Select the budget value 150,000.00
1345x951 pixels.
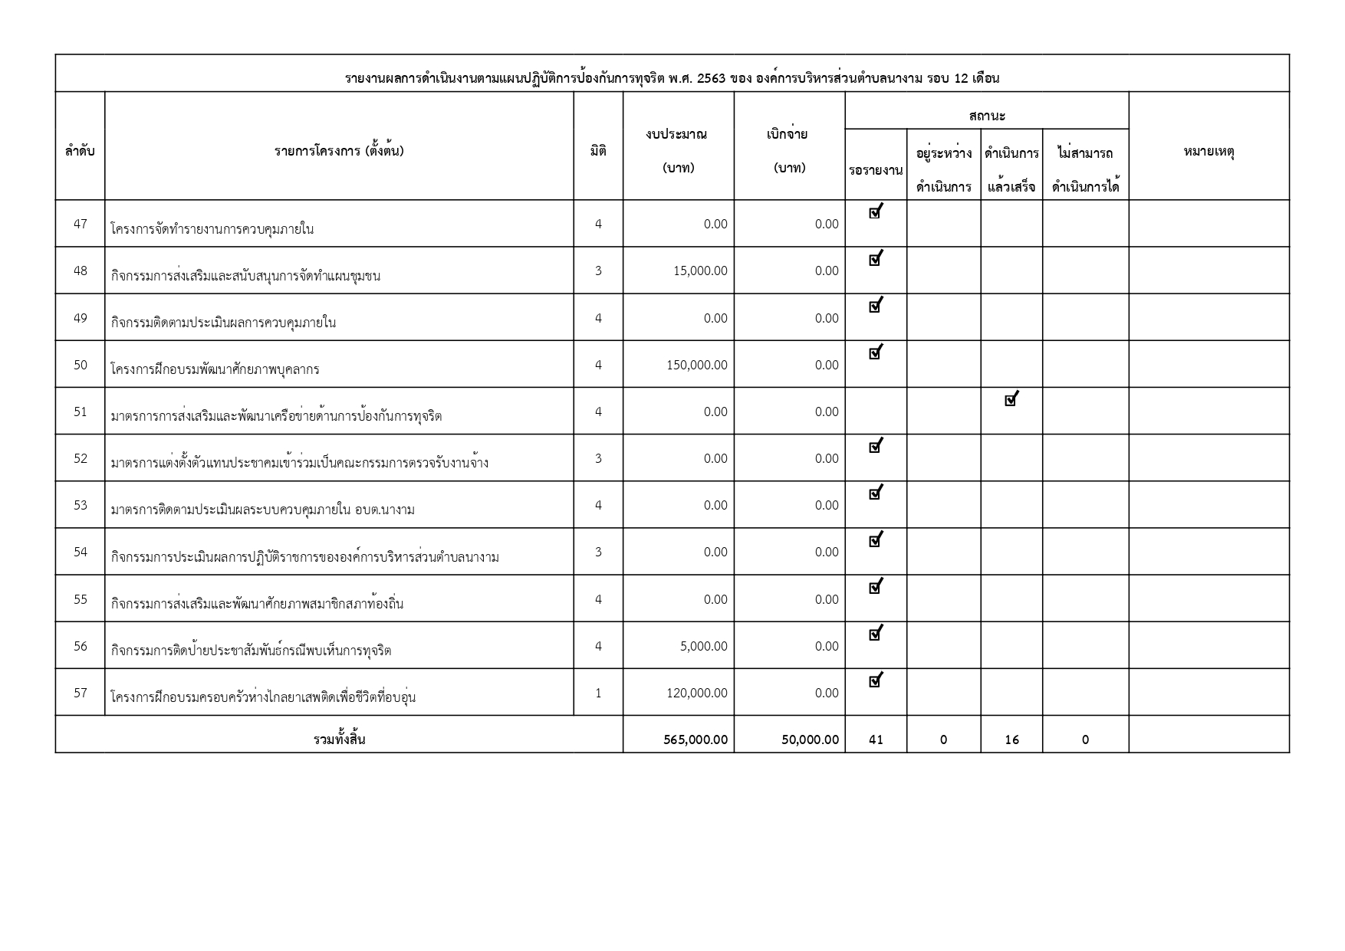[x=697, y=366]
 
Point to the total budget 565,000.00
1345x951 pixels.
[x=696, y=740]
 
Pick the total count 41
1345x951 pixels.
[x=876, y=740]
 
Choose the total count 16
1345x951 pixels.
[x=1011, y=740]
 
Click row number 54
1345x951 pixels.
[x=81, y=553]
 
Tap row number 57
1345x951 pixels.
[x=81, y=693]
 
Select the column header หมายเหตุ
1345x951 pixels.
[x=1209, y=152]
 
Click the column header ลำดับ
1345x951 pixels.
[x=80, y=152]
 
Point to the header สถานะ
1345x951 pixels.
[x=987, y=116]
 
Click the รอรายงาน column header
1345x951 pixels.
[x=876, y=170]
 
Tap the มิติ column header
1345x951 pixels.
[x=598, y=152]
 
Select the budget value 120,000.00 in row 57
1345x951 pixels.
[x=697, y=694]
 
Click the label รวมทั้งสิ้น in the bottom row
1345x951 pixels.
[x=339, y=739]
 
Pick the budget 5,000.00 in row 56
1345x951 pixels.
[x=704, y=647]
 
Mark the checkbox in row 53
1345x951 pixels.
[x=875, y=494]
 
